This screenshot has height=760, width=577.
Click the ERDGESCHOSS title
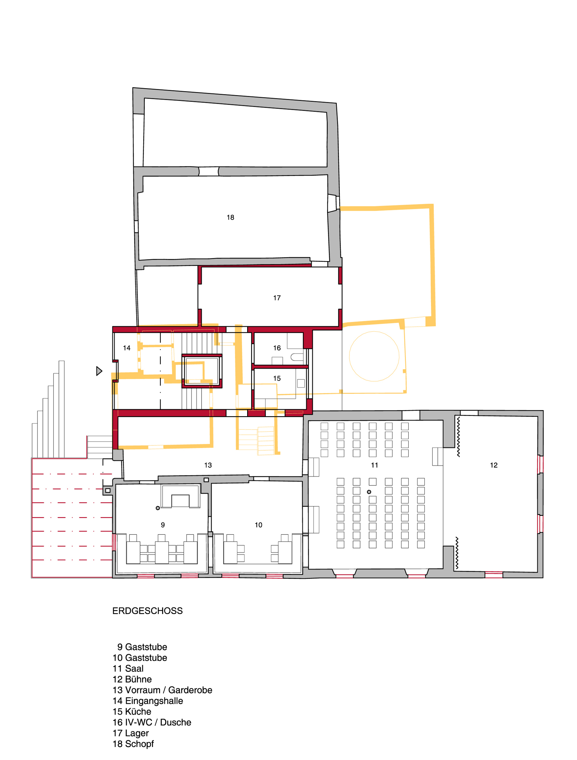click(147, 610)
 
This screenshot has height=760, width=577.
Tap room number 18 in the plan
click(230, 217)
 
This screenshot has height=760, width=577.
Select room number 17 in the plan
click(277, 298)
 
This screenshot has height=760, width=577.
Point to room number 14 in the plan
click(127, 348)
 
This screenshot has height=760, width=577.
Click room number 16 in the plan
click(277, 348)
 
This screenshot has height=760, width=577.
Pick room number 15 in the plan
click(277, 378)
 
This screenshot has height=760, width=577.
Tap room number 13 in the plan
click(208, 465)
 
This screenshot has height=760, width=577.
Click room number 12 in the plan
click(494, 465)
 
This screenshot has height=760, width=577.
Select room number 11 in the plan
click(375, 465)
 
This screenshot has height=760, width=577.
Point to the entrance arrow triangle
click(99, 371)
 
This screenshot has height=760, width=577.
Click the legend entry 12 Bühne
click(132, 679)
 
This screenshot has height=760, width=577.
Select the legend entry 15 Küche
click(132, 712)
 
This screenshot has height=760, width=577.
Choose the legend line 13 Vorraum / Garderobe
click(163, 690)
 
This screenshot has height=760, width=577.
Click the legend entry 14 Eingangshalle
click(148, 701)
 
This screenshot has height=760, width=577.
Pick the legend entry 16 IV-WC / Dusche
click(152, 722)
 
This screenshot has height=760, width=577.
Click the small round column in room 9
click(158, 508)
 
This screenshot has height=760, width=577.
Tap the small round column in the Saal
click(369, 492)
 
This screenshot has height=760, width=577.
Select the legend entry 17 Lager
click(131, 733)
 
